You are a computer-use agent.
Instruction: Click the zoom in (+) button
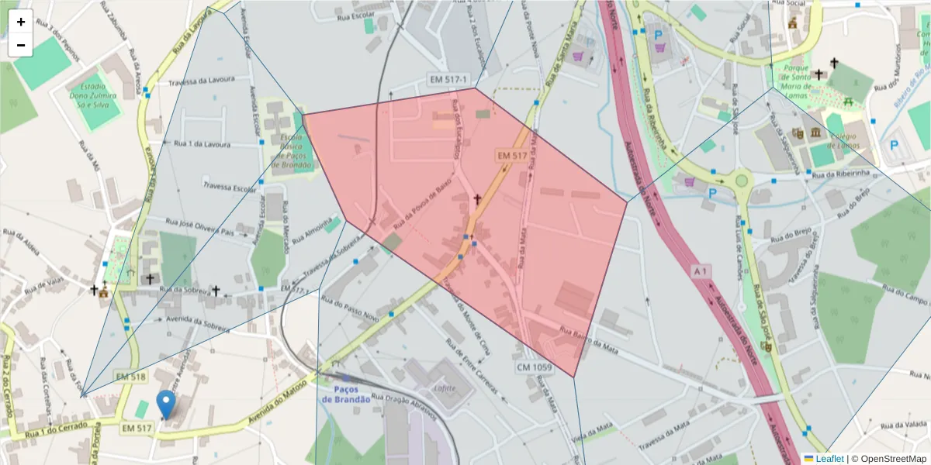click(x=21, y=22)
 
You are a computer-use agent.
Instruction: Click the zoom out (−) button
click(x=21, y=45)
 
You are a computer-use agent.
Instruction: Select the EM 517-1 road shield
click(x=448, y=79)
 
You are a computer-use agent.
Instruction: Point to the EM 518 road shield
click(x=130, y=377)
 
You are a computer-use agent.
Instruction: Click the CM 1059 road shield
click(x=533, y=366)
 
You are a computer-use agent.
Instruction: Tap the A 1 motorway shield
click(x=701, y=271)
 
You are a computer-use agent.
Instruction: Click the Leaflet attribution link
click(x=829, y=458)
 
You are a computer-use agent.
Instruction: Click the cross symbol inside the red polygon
click(x=478, y=200)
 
